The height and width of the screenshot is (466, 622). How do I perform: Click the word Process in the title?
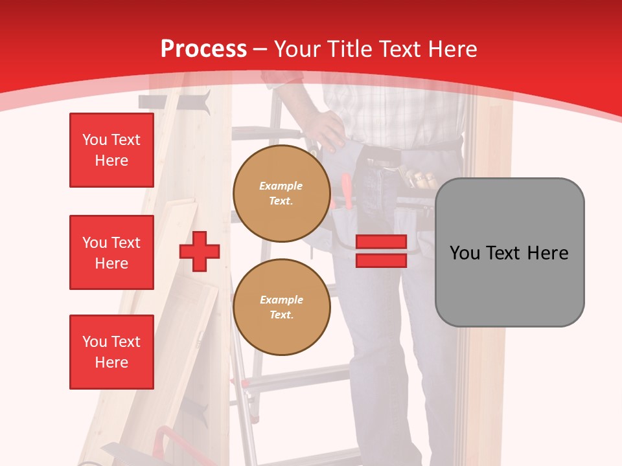pos(203,49)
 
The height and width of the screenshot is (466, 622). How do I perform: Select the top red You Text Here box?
pos(111,150)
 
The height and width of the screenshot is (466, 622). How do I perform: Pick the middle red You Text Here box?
pos(111,252)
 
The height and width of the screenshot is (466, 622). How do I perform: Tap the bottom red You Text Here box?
pos(111,352)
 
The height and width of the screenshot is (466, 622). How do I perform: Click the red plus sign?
pos(200,251)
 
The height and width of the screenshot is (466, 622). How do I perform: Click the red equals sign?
pos(381,251)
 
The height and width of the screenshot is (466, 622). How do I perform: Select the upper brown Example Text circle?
pos(281,194)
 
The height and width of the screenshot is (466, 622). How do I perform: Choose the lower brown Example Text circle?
pos(281,307)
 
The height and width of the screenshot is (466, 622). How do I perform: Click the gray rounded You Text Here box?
pos(509,252)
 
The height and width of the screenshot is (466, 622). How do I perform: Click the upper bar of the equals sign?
pos(381,242)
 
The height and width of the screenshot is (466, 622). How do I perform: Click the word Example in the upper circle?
pos(281,186)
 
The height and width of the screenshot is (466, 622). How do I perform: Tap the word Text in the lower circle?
pos(281,315)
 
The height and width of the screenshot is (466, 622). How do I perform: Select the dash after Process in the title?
pos(260,49)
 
